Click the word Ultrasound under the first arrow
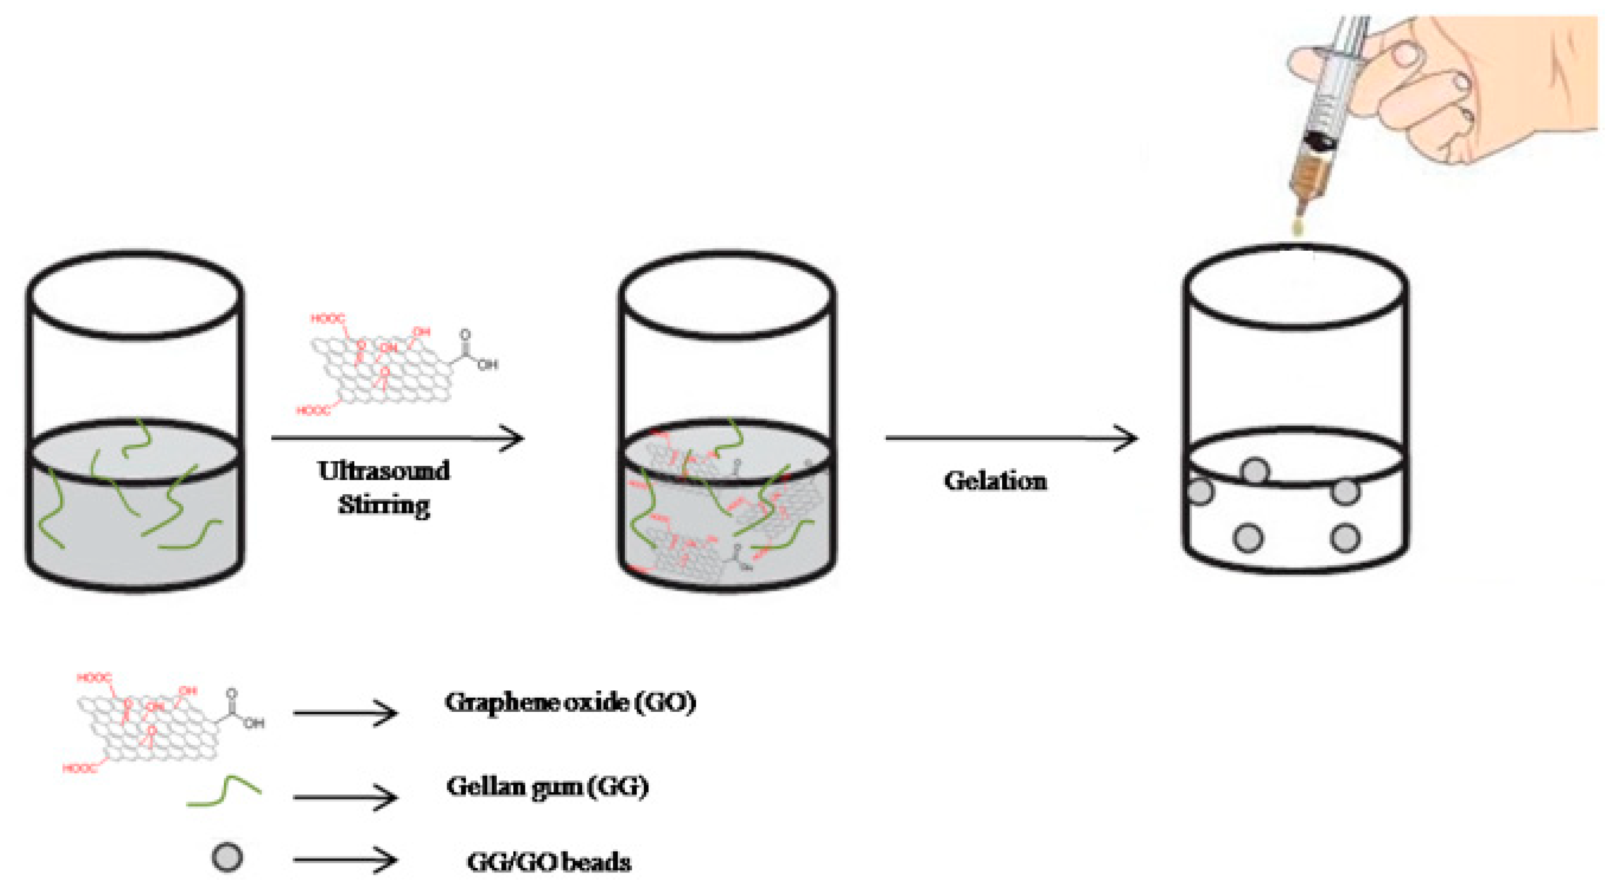pyautogui.click(x=384, y=471)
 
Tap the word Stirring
pyautogui.click(x=384, y=505)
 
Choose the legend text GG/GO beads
pyautogui.click(x=548, y=862)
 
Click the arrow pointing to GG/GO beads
pyautogui.click(x=345, y=860)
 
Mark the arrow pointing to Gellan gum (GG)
pyautogui.click(x=345, y=797)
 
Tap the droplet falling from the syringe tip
pyautogui.click(x=1297, y=227)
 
